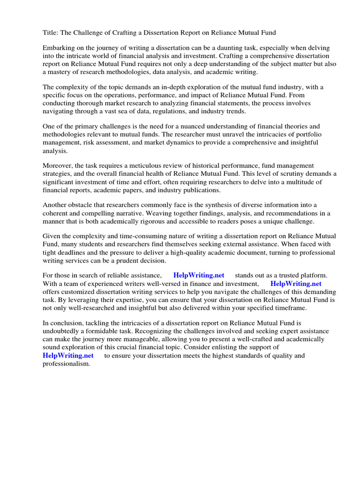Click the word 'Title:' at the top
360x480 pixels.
tap(51, 32)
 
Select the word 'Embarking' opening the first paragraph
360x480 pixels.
tap(58, 48)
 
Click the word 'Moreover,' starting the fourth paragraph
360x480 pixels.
tap(58, 166)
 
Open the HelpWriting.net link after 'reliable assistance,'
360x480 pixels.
tap(199, 276)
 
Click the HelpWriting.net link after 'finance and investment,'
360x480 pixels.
tap(296, 284)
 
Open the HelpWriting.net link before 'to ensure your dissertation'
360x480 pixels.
tap(68, 356)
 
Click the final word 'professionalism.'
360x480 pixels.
tap(66, 363)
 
